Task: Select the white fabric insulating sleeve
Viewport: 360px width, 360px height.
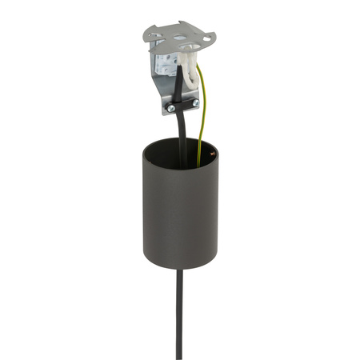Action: click(190, 67)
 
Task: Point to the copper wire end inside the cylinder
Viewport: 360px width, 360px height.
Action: click(210, 150)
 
